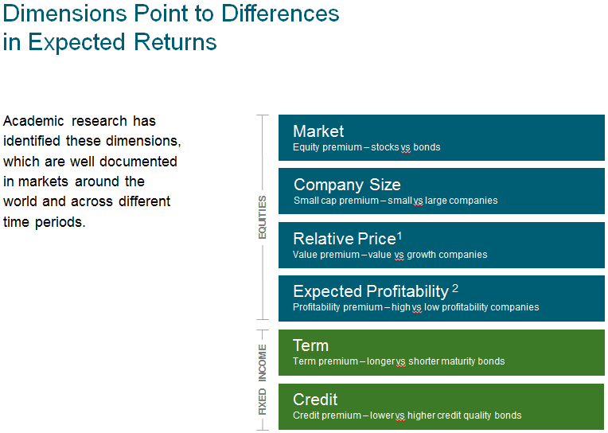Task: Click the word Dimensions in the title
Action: [64, 14]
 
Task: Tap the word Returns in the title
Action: [175, 42]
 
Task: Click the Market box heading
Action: [318, 131]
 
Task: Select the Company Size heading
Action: [347, 185]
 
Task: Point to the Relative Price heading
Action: [345, 239]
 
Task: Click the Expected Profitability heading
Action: [371, 291]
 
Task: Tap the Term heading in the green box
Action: [310, 345]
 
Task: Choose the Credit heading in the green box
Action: [315, 400]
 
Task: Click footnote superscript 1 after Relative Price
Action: [399, 236]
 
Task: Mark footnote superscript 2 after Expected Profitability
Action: [455, 288]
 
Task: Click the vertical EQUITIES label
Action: [263, 217]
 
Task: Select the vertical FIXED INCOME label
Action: [263, 380]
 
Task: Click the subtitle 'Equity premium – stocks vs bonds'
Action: [366, 147]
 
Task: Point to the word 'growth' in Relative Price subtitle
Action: [422, 255]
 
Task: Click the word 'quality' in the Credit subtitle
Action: [477, 415]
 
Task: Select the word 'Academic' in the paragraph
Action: [33, 121]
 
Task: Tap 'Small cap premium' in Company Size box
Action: [336, 201]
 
